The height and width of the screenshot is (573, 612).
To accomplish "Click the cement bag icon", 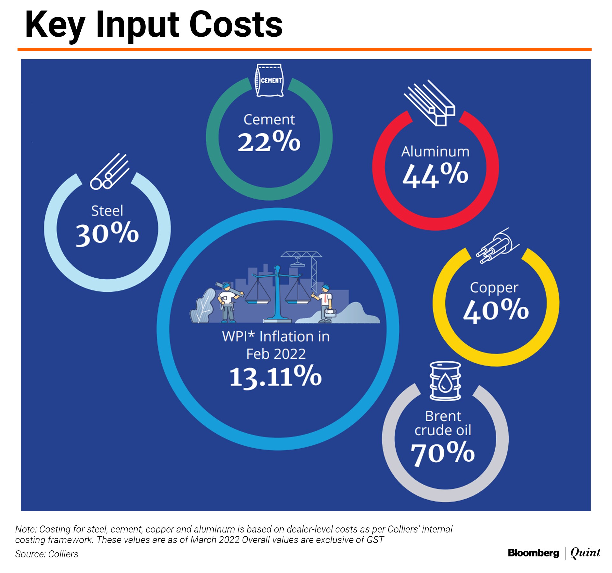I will point(269,80).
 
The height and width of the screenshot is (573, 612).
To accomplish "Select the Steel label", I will point(107,211).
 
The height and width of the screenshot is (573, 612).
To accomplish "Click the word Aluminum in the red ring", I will point(435,152).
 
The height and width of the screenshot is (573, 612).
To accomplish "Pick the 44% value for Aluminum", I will point(435,175).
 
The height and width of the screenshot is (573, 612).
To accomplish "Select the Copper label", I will point(494,288).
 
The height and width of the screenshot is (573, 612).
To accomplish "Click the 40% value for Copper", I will point(496,310).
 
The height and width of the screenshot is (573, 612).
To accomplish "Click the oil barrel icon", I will point(445,381).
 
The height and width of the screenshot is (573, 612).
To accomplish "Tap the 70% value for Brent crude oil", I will point(443,453).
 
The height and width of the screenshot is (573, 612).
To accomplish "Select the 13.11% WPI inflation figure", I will point(275,377).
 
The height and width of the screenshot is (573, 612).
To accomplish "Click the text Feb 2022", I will point(276,354).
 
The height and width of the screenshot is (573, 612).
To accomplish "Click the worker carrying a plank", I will point(228,301).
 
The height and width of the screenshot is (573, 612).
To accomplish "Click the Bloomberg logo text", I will point(533,553).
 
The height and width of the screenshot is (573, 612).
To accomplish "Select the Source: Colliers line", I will point(47,554).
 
